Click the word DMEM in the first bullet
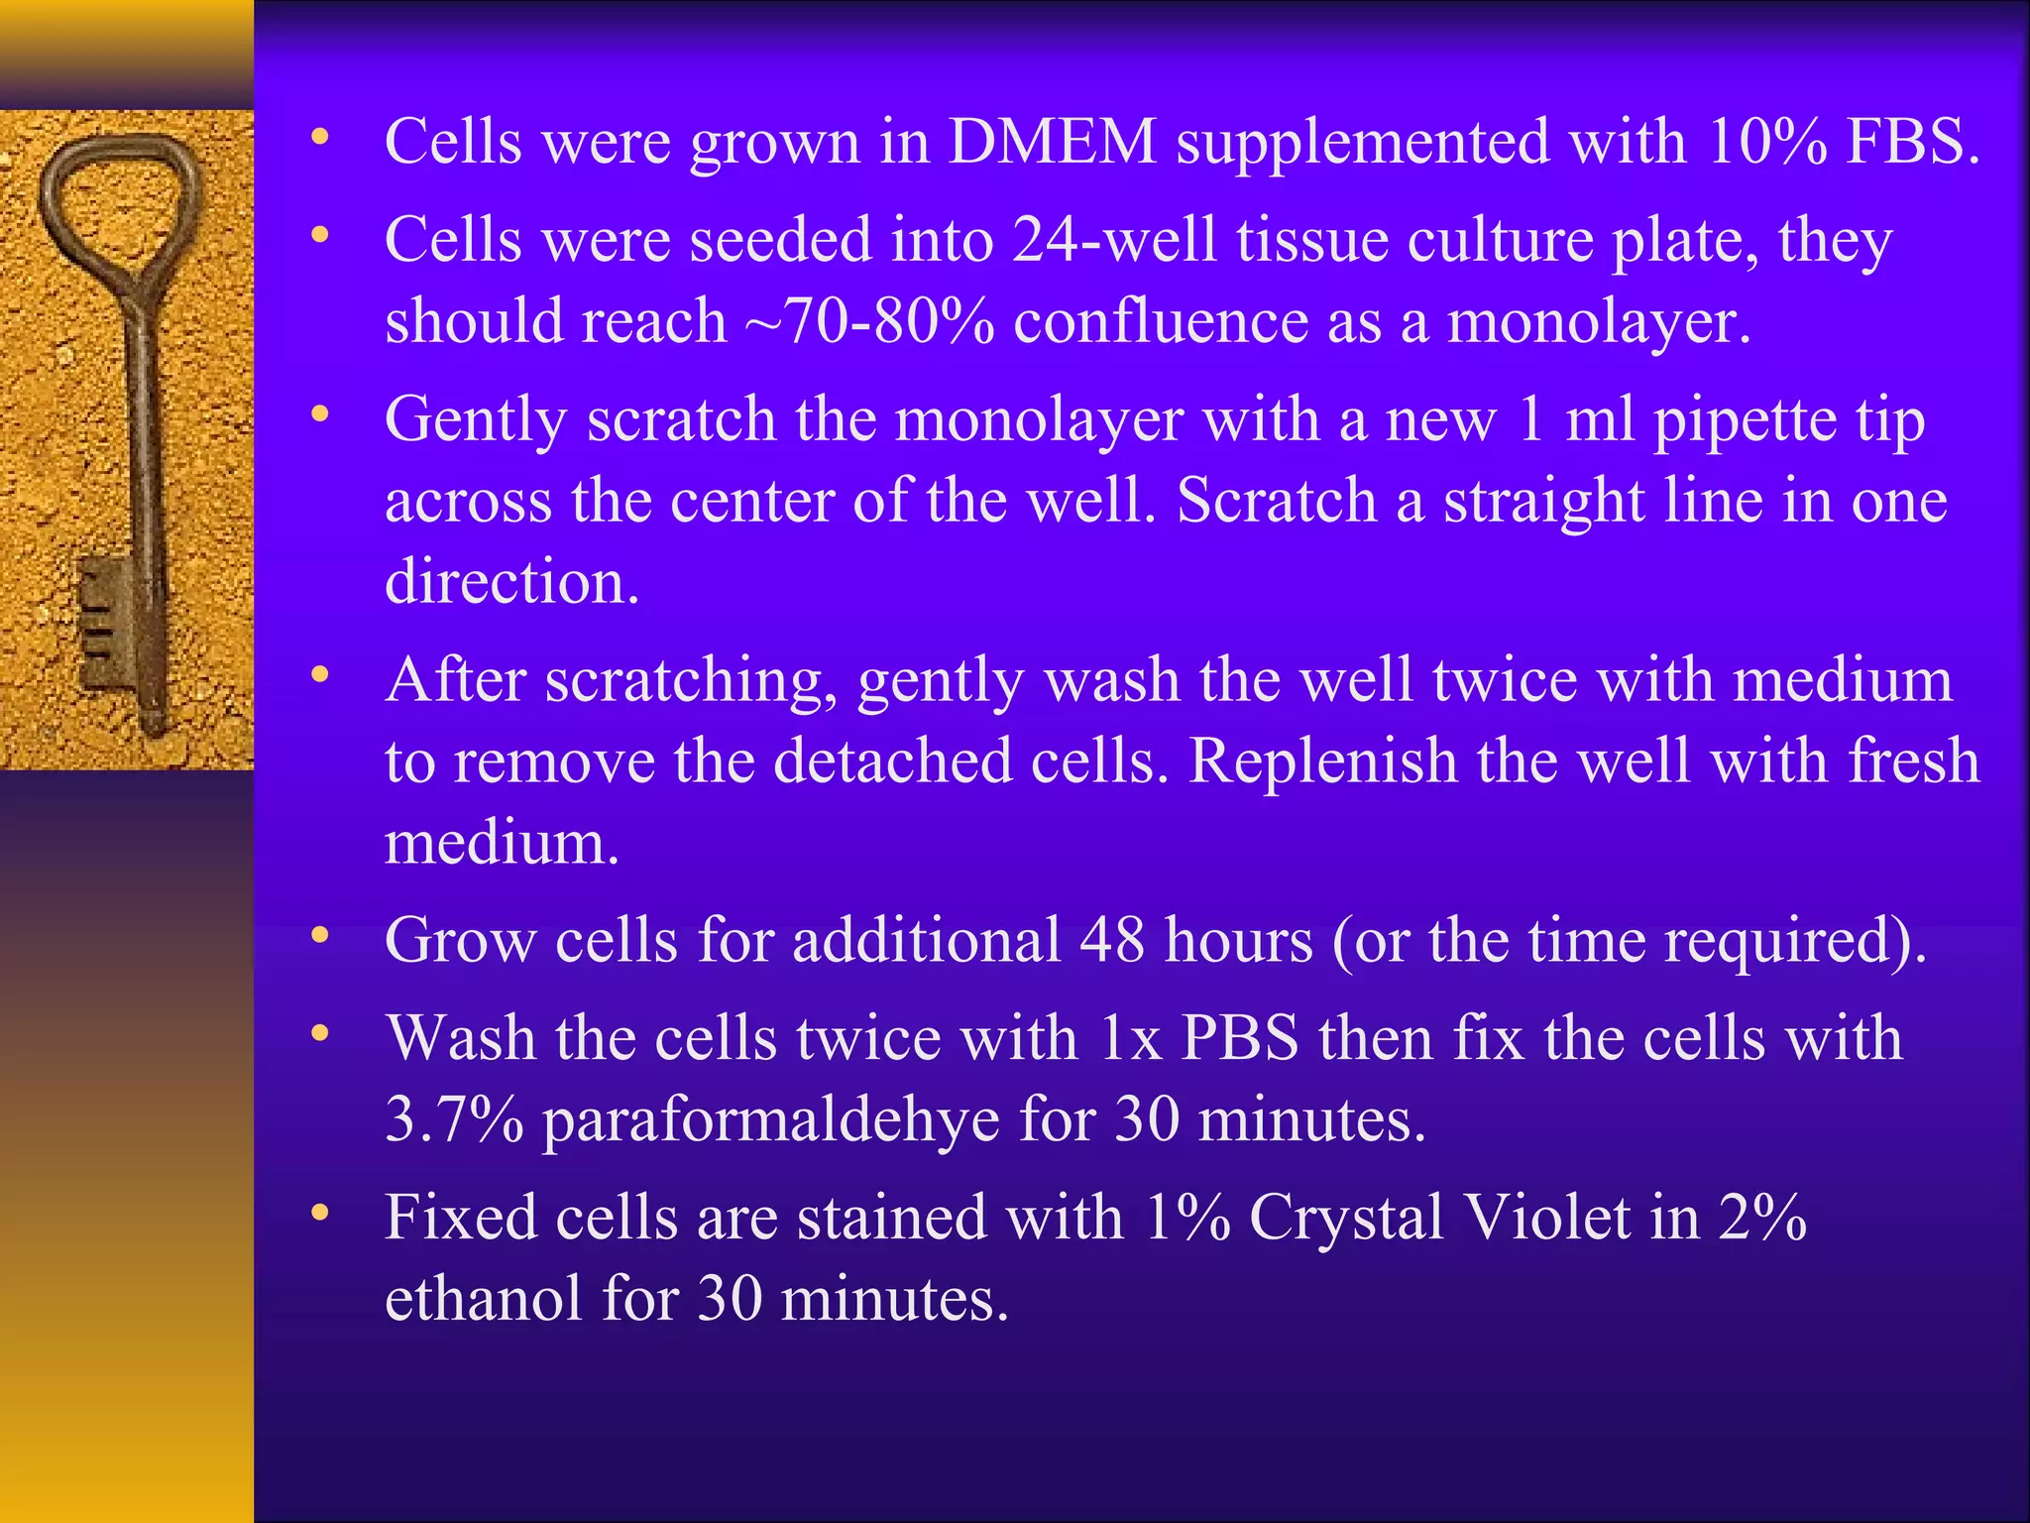point(1053,141)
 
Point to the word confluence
point(1160,321)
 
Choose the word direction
point(510,581)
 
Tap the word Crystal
point(1345,1218)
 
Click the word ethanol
point(483,1299)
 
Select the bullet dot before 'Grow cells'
point(318,936)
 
